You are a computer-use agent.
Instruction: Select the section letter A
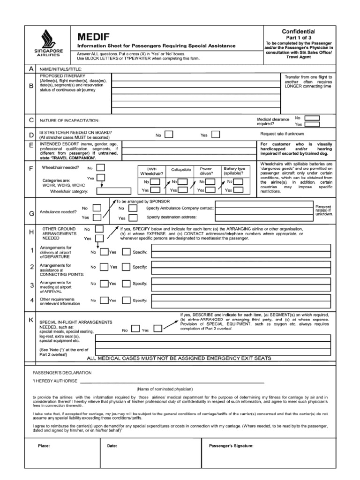31,69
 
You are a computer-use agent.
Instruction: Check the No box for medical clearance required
313,118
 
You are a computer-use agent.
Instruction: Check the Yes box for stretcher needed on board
215,135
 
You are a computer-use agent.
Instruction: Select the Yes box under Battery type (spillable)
239,190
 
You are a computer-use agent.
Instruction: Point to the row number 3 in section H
31,285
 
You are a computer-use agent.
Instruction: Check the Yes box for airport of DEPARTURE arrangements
126,252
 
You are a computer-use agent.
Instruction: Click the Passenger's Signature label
231,446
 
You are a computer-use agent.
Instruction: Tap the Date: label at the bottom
112,446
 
